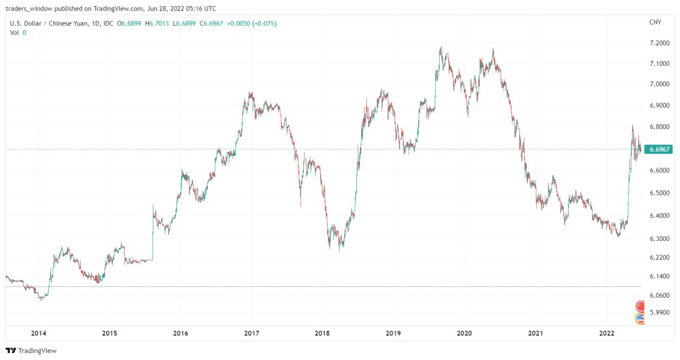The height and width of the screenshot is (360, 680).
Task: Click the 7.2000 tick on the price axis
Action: [658, 43]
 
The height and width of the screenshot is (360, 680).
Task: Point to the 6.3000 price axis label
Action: [658, 238]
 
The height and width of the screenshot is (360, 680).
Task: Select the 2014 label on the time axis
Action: [38, 333]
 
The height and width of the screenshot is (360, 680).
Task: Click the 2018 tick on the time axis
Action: [322, 333]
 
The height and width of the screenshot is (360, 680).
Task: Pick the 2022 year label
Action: [606, 333]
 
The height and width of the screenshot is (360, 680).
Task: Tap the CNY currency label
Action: [655, 22]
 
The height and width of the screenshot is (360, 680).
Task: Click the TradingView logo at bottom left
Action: [31, 351]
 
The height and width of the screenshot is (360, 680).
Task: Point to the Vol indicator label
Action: [15, 32]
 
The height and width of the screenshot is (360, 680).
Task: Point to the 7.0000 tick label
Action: [658, 84]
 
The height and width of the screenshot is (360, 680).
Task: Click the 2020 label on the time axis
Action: [464, 333]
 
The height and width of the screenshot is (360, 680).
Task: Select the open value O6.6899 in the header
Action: [130, 23]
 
